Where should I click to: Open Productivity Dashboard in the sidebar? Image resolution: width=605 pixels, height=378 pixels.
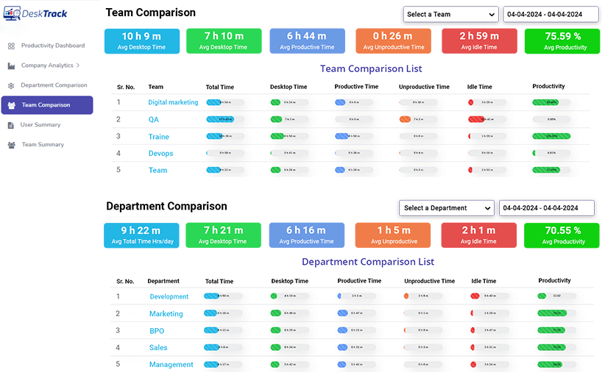52,46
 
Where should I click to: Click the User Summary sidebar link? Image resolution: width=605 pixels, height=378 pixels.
40,125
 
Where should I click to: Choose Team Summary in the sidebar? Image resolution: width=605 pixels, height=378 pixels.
43,145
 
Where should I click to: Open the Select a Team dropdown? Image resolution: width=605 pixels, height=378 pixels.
450,14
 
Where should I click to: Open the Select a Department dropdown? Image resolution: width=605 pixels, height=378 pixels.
446,208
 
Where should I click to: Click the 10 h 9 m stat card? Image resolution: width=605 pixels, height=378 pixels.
141,41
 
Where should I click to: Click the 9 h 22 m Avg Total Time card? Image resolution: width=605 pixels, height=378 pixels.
141,235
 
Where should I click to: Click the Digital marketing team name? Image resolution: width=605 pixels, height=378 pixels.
173,102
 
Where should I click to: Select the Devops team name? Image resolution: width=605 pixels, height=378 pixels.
160,153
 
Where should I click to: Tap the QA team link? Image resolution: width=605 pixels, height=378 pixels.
153,119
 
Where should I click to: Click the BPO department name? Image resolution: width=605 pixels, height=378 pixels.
157,331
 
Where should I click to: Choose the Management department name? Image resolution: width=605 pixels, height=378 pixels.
171,365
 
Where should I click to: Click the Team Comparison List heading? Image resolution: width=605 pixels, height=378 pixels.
371,68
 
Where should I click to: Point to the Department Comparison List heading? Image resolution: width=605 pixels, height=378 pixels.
368,262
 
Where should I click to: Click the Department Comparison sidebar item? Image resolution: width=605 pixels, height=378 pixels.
54,85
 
